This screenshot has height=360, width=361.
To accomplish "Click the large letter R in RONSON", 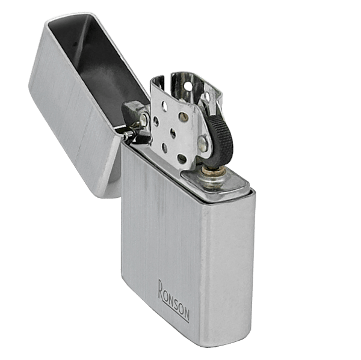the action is point(162,290).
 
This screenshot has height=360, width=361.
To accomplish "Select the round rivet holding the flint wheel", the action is point(203,144).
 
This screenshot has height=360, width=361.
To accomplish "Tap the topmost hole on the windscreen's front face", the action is point(164,105).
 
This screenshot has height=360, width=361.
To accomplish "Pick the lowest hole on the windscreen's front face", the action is point(182,159).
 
